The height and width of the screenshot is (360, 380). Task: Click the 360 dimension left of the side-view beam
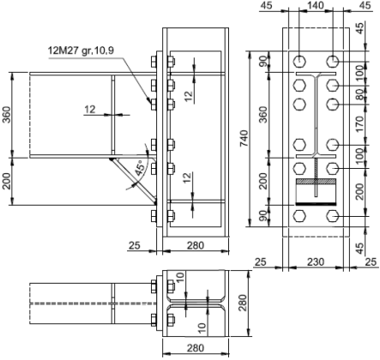[7, 116]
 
